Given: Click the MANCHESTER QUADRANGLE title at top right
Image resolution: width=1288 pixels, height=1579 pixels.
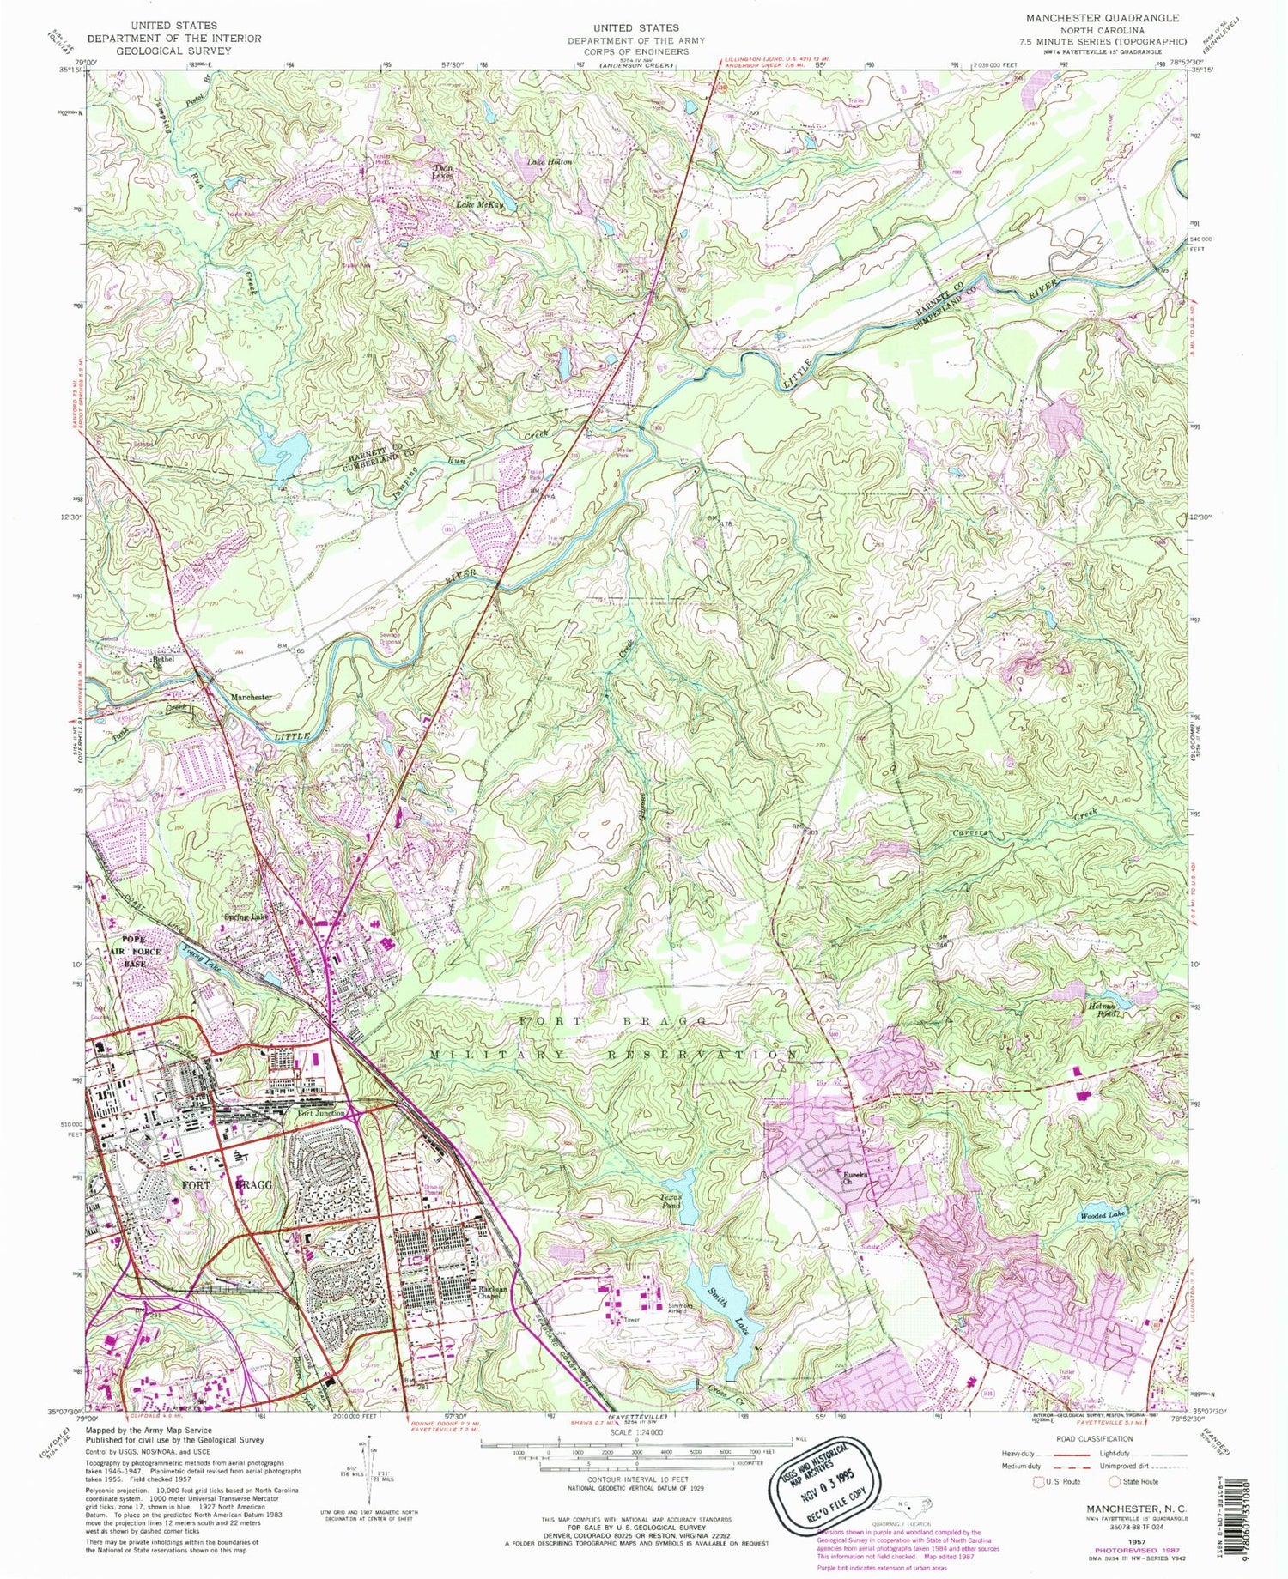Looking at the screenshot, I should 1101,18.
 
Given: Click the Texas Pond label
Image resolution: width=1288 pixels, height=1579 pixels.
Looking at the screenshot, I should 669,1201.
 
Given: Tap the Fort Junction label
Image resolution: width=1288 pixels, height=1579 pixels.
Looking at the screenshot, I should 321,1114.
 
